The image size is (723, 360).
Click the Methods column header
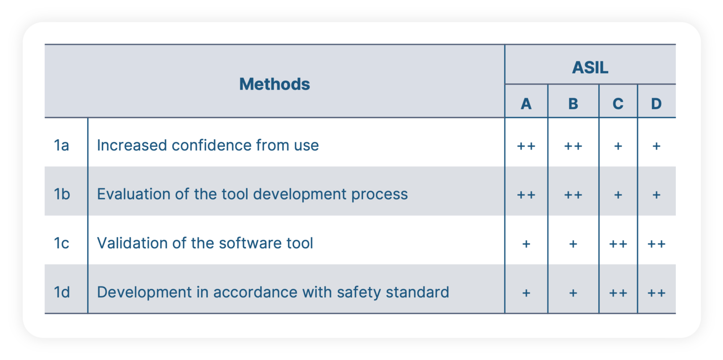tap(274, 84)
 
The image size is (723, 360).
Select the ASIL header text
tap(590, 68)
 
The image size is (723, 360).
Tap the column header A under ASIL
tap(526, 104)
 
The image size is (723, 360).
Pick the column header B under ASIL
tap(573, 104)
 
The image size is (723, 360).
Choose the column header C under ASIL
tap(618, 104)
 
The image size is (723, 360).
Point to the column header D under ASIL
tap(656, 104)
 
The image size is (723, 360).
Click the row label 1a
tap(62, 145)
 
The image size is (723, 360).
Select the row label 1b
tap(62, 194)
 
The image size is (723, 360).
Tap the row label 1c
tap(62, 243)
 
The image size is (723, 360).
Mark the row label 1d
tap(62, 292)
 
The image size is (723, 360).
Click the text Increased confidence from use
tap(208, 145)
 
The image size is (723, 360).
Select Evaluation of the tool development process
tap(252, 194)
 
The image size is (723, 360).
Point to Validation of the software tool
tap(205, 243)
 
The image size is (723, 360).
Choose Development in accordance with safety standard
tap(273, 292)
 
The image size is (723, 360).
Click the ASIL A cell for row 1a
tap(526, 146)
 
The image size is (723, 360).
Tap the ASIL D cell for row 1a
tap(656, 146)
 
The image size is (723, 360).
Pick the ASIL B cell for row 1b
tap(573, 195)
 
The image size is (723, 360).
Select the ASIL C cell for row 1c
tap(618, 244)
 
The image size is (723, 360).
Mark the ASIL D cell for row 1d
tap(656, 293)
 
